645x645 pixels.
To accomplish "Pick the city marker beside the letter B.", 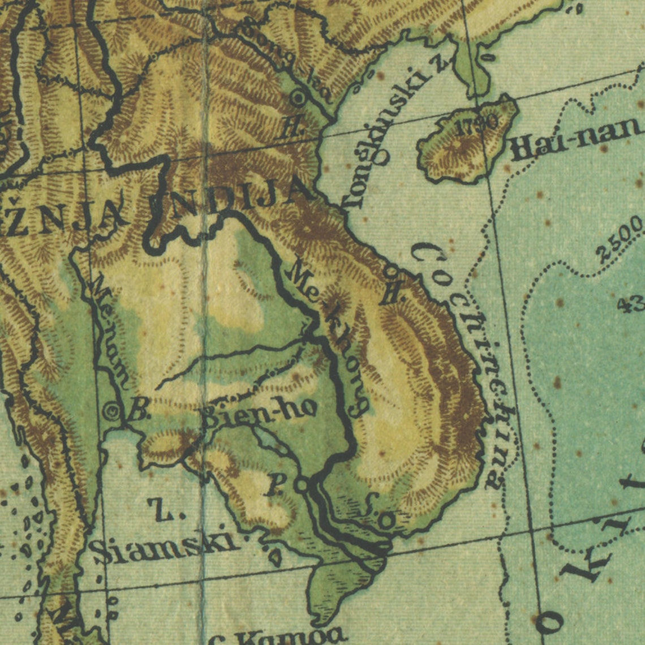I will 112,411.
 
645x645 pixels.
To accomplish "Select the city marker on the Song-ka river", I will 298,98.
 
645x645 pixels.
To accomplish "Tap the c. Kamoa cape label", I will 277,637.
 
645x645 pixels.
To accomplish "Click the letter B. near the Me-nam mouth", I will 137,411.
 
